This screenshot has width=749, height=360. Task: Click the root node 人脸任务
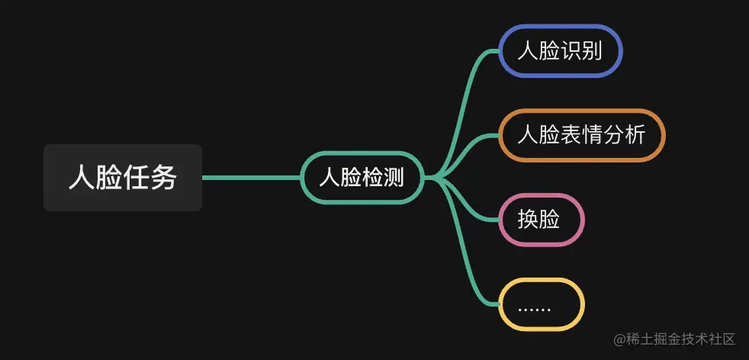[x=123, y=178]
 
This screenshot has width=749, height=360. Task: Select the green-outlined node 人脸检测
[x=362, y=178]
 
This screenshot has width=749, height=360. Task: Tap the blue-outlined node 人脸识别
[x=561, y=51]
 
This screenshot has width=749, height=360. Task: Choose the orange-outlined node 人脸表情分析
[x=582, y=135]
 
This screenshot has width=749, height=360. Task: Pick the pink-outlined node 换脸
[x=541, y=220]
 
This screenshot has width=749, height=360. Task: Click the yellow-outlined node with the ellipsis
[x=541, y=304]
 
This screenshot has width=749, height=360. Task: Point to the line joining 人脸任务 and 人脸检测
[x=252, y=178]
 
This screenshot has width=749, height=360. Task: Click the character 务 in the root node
[x=164, y=178]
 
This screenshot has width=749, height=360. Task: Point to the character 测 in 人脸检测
[x=392, y=178]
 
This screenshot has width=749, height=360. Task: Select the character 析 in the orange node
[x=635, y=135]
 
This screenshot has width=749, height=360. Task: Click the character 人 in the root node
[x=82, y=178]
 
